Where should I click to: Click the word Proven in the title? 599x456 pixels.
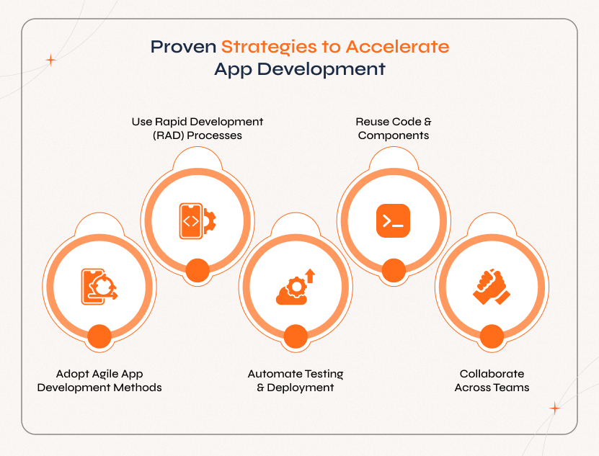click(x=182, y=48)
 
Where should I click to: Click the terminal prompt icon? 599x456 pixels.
click(x=393, y=221)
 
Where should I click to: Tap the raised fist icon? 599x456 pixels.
click(x=491, y=287)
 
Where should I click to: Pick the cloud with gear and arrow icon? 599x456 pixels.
click(x=296, y=287)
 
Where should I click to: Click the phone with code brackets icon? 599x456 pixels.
click(x=197, y=221)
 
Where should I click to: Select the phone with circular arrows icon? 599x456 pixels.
click(x=99, y=287)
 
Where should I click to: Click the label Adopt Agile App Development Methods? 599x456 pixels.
click(x=99, y=380)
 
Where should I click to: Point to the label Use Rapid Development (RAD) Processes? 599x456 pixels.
click(x=197, y=128)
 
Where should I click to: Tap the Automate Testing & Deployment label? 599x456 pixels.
click(x=296, y=380)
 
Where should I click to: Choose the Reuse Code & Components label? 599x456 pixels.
click(x=394, y=128)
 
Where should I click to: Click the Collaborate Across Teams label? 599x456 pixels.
click(x=492, y=380)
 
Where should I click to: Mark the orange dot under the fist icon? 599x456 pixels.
click(x=491, y=336)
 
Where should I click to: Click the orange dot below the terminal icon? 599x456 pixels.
click(x=393, y=271)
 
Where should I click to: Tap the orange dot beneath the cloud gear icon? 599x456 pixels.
click(x=296, y=336)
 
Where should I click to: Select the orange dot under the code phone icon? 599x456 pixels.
click(x=197, y=271)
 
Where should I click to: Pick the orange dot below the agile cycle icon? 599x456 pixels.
click(x=99, y=336)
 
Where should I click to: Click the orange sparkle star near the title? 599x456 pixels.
click(x=50, y=61)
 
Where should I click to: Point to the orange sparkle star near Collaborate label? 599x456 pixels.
click(x=554, y=408)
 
